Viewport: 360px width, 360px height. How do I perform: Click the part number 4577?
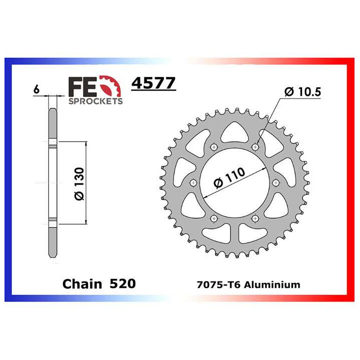click(153, 82)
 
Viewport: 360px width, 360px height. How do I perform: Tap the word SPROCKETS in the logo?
click(94, 101)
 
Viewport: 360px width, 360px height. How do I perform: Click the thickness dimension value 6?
click(36, 90)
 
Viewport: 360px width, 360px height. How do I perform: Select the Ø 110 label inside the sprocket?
click(230, 178)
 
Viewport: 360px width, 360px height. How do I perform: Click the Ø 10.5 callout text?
click(301, 92)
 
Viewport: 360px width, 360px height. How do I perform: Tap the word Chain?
click(83, 284)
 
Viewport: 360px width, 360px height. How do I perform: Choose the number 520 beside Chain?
click(122, 284)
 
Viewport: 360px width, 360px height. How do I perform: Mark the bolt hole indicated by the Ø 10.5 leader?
click(255, 147)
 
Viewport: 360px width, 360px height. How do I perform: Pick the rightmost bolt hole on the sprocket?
click(276, 183)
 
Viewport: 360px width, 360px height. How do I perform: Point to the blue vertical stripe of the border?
click(7, 180)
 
